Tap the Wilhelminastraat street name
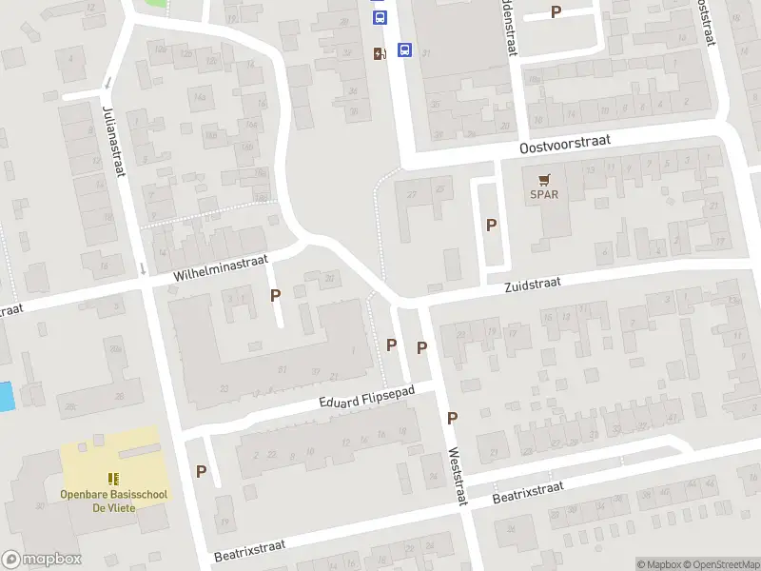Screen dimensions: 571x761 coord(222,267)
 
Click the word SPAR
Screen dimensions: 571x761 coord(544,195)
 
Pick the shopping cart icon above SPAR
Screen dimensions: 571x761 coord(544,179)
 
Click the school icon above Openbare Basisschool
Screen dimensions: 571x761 coord(112,479)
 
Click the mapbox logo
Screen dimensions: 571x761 coord(41,560)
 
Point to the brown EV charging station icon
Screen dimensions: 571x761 coord(380,54)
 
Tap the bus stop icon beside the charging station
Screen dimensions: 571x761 coord(404,50)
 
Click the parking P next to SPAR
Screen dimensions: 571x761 coord(492,226)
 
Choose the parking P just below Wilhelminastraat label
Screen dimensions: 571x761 coord(276,295)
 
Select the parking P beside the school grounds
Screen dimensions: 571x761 coord(201,471)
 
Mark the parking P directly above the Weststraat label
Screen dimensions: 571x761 coord(453,418)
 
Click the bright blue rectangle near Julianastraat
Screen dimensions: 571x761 coord(6,396)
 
